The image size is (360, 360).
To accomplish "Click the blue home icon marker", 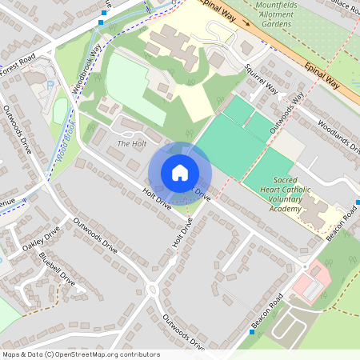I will pos(180,173).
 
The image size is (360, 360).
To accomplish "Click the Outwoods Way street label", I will pos(286,112).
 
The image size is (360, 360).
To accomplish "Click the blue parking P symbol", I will pos(50,83).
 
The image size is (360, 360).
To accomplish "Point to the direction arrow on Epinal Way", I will pos(247,23).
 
